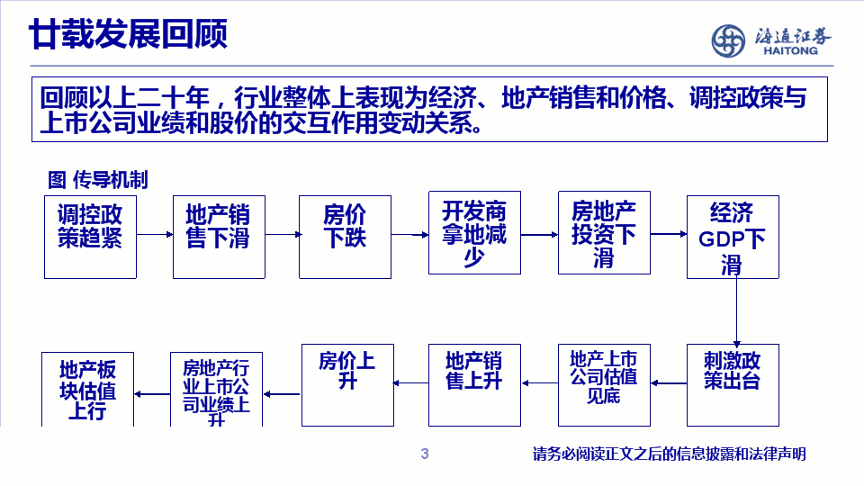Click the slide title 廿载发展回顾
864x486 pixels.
[x=128, y=33]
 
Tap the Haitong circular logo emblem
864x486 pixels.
[x=728, y=40]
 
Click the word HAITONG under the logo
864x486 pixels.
[x=790, y=50]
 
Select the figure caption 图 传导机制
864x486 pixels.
[x=97, y=180]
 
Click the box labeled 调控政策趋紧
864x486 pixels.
[x=90, y=237]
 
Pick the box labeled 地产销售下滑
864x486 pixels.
[x=219, y=237]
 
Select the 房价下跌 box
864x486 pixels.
[x=345, y=237]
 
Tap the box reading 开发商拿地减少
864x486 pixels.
[x=474, y=232]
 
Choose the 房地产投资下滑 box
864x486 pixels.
[x=604, y=232]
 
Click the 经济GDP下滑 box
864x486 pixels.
[x=733, y=237]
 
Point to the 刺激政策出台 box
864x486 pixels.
[x=733, y=385]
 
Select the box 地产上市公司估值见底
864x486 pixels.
[x=604, y=385]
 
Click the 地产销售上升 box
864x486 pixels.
[x=474, y=385]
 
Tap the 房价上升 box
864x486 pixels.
[x=347, y=385]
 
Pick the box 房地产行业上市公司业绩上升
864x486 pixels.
[x=216, y=390]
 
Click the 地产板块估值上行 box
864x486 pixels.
[x=87, y=390]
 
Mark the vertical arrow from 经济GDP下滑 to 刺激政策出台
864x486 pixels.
[x=737, y=312]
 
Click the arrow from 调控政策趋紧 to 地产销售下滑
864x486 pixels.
[x=155, y=234]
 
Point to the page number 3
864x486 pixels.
[x=424, y=454]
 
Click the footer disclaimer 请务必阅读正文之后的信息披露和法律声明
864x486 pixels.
[x=669, y=454]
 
